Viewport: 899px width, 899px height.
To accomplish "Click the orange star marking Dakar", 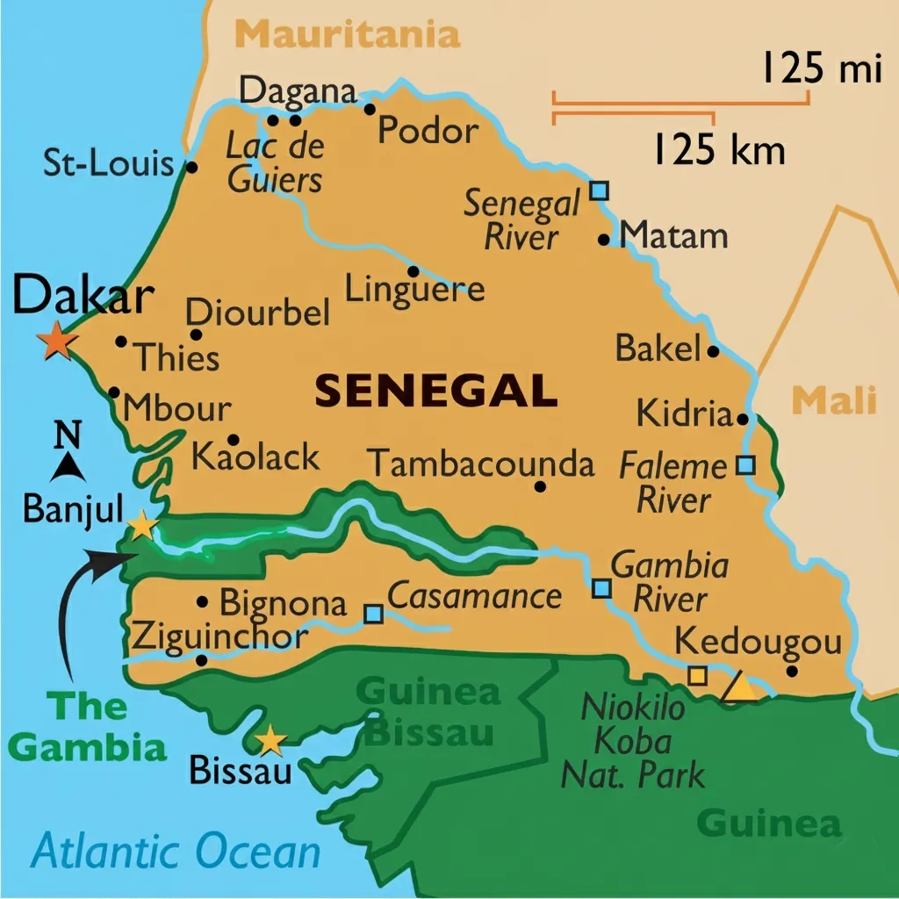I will [x=56, y=341].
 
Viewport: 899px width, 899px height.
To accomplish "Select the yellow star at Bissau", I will [x=270, y=742].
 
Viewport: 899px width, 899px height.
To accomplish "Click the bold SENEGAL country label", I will [x=435, y=391].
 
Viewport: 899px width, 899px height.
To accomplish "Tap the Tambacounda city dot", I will [x=540, y=486].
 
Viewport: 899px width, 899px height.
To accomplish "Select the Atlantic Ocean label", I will [x=176, y=852].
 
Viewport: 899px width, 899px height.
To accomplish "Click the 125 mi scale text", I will [x=820, y=68].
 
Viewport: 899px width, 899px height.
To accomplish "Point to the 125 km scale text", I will [x=717, y=149].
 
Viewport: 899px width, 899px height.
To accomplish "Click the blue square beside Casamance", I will [x=373, y=612].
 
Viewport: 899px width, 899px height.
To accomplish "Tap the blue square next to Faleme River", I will [x=745, y=464].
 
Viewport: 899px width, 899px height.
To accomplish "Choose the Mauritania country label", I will [x=348, y=35].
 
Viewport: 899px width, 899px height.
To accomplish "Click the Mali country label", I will [x=833, y=400].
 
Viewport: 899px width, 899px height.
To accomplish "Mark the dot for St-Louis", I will [x=192, y=167].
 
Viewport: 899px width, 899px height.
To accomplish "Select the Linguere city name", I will [x=414, y=289].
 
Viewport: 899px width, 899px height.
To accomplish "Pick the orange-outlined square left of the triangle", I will [x=697, y=675].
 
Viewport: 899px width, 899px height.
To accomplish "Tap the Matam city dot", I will [x=603, y=239].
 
